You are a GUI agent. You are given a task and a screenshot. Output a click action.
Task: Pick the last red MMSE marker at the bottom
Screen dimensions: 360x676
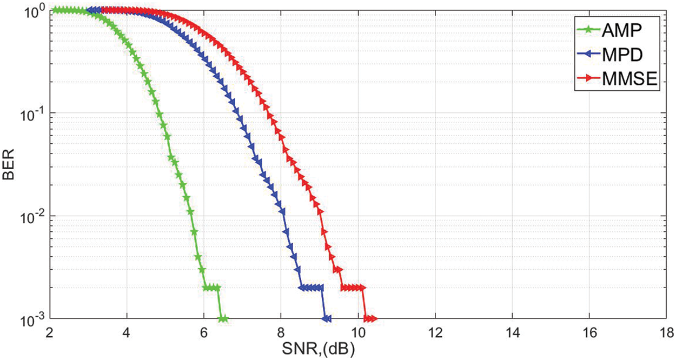pyautogui.click(x=373, y=319)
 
